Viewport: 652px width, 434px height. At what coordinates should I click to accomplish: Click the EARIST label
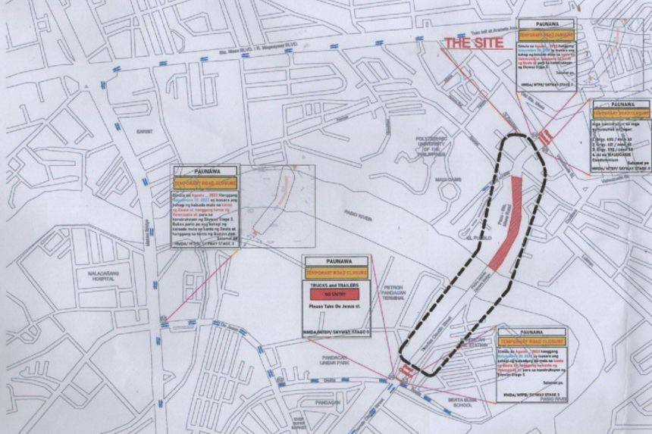[x=145, y=131]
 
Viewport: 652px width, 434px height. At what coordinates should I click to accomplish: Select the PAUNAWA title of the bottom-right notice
[x=531, y=332]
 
